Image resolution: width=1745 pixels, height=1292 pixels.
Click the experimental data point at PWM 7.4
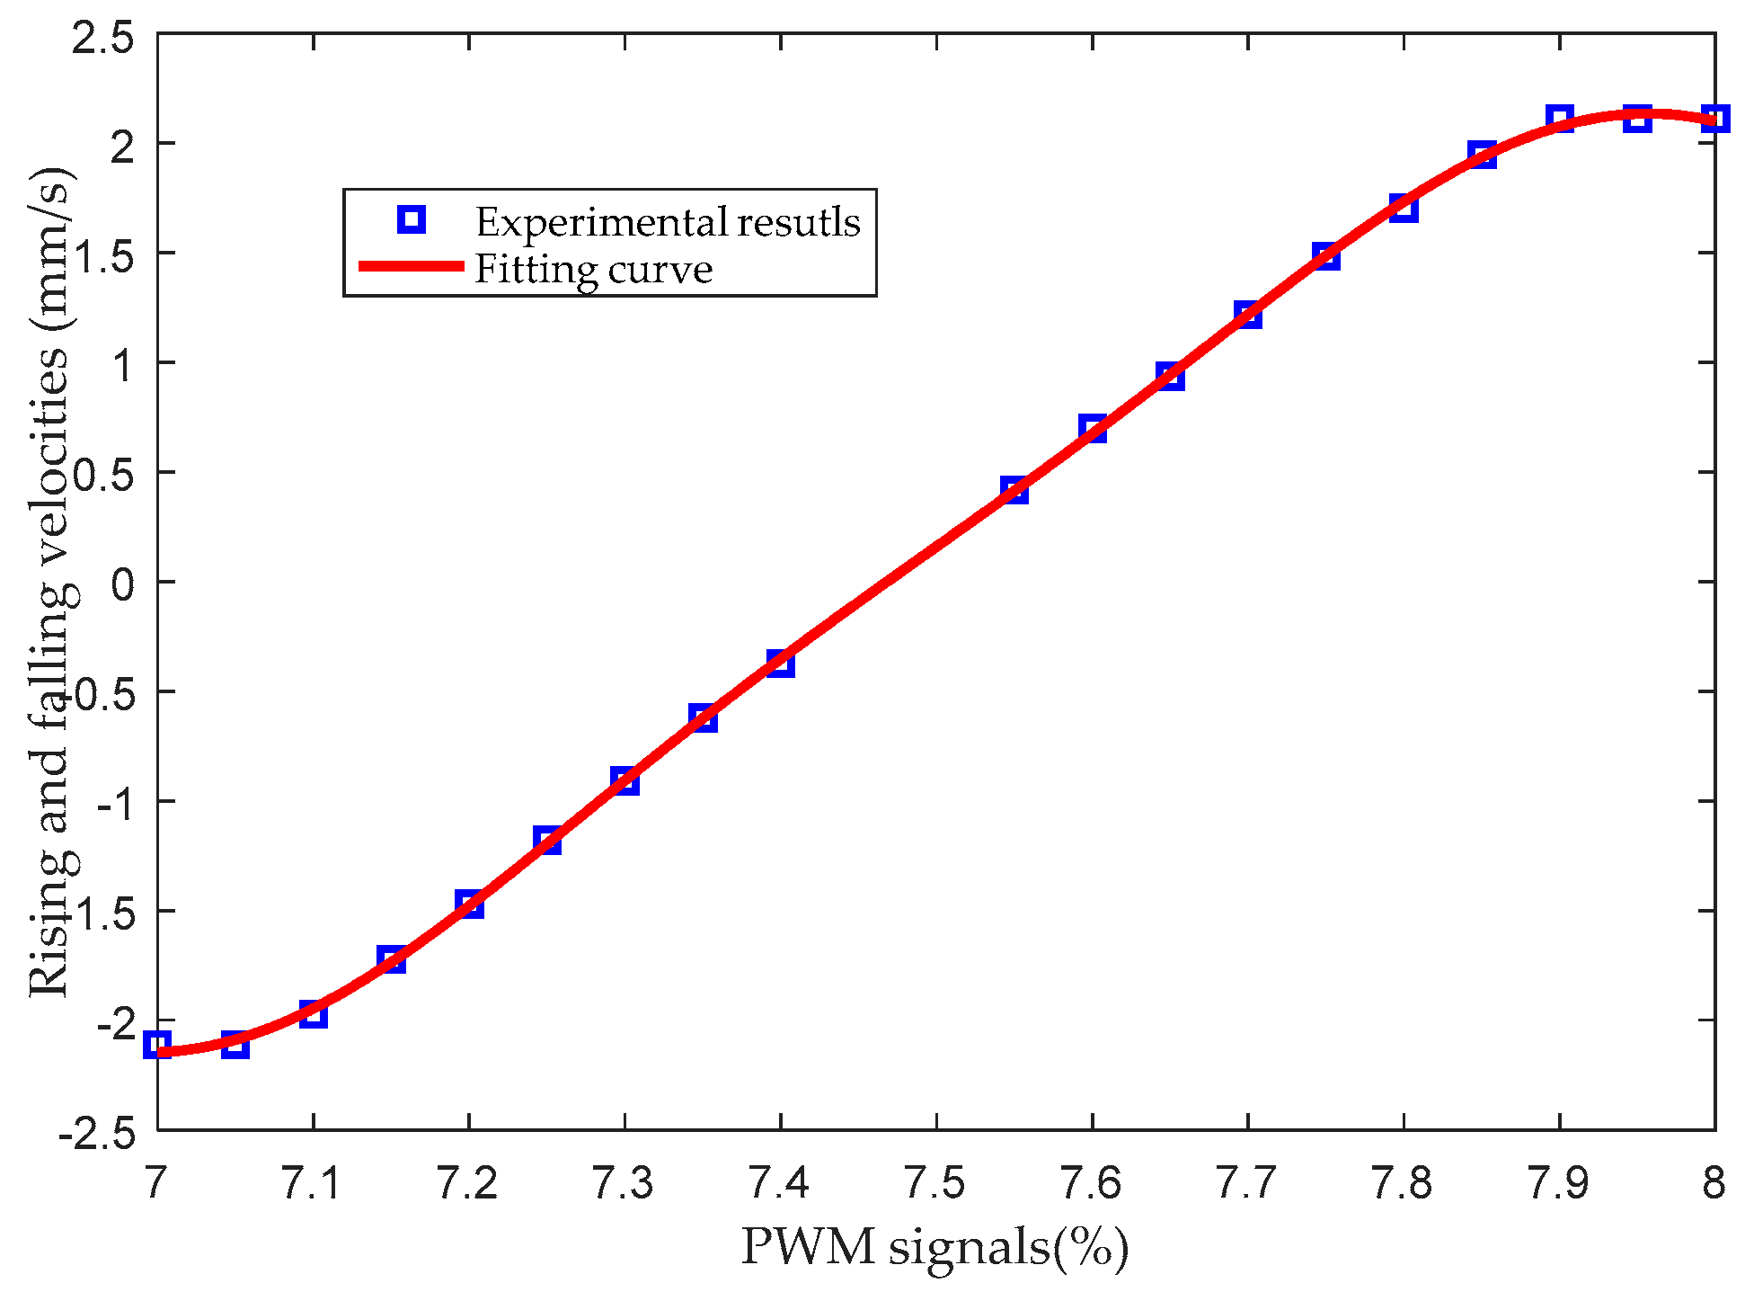click(x=780, y=664)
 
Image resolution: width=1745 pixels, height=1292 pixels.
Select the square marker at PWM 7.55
click(x=1014, y=490)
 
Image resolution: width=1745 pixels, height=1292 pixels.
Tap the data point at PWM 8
click(x=1714, y=119)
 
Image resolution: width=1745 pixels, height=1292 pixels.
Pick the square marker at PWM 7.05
click(x=235, y=1044)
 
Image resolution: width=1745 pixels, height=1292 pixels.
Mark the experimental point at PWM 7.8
click(x=1403, y=209)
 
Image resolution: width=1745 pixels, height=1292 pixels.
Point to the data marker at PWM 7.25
click(x=546, y=840)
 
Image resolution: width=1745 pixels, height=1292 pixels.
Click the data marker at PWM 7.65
click(x=1169, y=377)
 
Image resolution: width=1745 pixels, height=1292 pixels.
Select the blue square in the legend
click(x=411, y=219)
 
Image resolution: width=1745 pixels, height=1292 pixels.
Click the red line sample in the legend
click(x=411, y=266)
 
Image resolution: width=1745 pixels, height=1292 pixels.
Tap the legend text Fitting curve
click(x=593, y=269)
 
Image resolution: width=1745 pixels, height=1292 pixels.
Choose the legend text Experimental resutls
click(x=667, y=221)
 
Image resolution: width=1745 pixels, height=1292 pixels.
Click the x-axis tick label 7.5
click(x=935, y=1183)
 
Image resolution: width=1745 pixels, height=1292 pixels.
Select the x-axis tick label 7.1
click(x=313, y=1183)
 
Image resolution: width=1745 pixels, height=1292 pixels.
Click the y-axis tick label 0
click(x=123, y=584)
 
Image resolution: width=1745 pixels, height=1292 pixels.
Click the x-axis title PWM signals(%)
click(x=935, y=1248)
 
